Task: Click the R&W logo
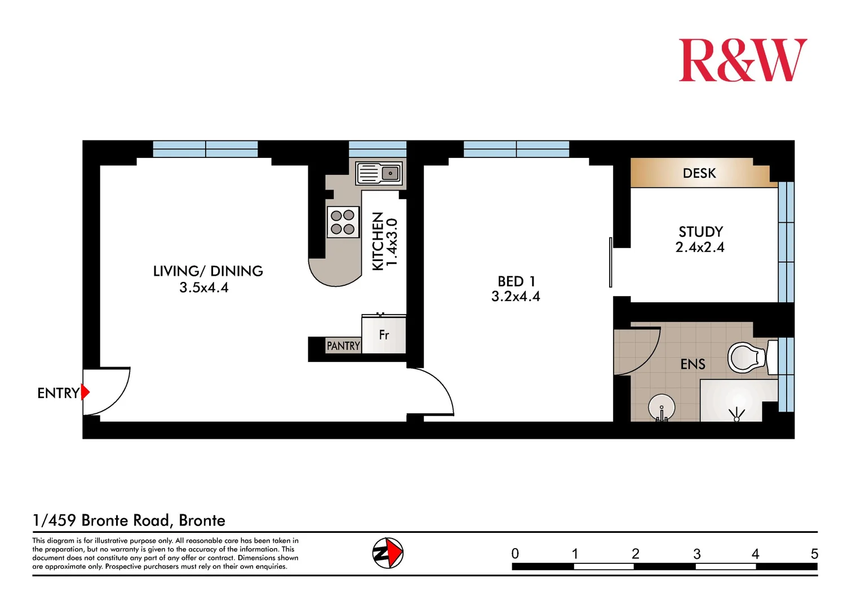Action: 742,60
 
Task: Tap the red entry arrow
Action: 85,392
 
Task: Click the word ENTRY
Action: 57,393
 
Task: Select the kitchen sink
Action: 379,173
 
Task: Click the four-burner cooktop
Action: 343,222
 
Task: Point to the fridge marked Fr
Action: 384,335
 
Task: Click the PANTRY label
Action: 343,346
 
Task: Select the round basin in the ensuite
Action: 662,407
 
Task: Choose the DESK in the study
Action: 699,173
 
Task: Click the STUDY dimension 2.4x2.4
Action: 700,247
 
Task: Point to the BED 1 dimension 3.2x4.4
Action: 516,297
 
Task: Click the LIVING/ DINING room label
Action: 208,271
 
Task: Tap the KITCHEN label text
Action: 378,241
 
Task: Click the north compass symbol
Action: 388,553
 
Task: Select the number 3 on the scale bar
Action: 696,554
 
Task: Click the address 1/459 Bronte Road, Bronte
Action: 129,520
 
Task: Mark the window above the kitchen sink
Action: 378,149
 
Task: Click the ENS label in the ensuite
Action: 693,364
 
